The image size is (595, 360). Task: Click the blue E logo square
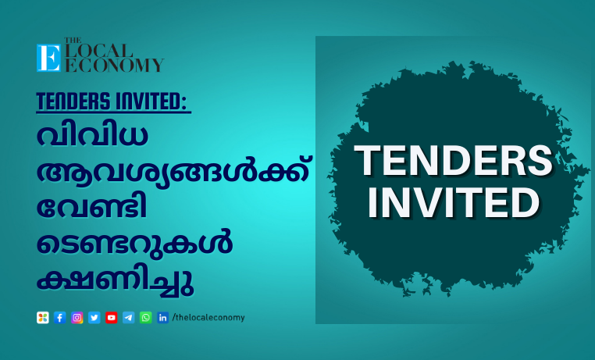[48, 58]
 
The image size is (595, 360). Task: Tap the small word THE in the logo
[73, 40]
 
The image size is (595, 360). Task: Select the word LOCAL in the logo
[99, 51]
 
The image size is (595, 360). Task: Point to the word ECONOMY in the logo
[115, 65]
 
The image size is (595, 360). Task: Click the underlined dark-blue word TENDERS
[73, 102]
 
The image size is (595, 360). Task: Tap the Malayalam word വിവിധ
[92, 135]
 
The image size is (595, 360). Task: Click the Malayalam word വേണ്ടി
[92, 207]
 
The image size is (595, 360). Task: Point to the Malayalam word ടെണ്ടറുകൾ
[135, 243]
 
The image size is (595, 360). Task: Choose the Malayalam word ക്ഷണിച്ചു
[116, 280]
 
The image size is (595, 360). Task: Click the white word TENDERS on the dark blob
[453, 161]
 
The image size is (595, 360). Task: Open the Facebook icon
[60, 318]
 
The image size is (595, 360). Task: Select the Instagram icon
[77, 318]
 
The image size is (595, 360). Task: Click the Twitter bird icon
[94, 318]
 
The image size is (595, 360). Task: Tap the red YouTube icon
[111, 318]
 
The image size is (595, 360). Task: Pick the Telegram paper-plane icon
[129, 318]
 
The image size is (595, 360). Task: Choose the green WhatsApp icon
[146, 318]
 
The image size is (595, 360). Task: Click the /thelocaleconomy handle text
[208, 318]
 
